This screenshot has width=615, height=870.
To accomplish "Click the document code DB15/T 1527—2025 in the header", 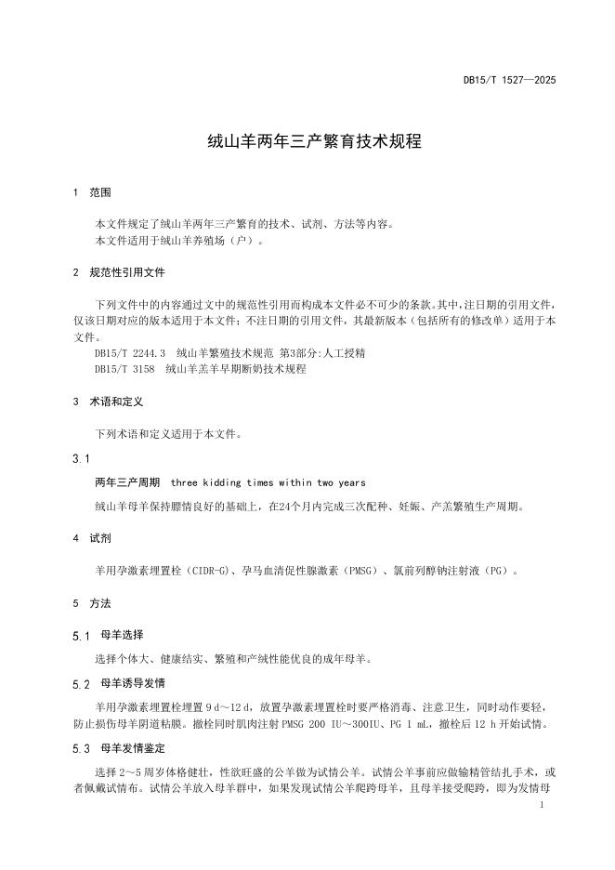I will (509, 82).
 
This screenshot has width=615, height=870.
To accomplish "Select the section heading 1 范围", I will (92, 193).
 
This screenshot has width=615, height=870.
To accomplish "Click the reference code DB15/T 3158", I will (125, 369).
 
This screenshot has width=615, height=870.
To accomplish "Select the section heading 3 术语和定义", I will (108, 402).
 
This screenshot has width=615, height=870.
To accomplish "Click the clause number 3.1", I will (81, 459).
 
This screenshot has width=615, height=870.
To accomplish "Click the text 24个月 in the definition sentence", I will (285, 507).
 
